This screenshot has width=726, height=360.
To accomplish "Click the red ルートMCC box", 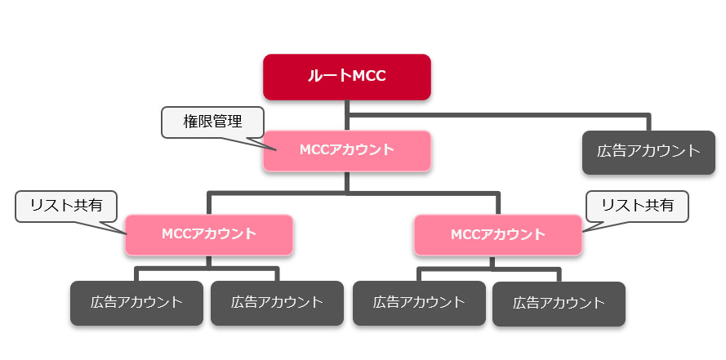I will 346,77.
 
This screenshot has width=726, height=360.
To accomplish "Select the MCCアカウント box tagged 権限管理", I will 346,150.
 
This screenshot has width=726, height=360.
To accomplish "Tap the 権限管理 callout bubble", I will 213,122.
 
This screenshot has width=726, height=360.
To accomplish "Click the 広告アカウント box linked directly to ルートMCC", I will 648,151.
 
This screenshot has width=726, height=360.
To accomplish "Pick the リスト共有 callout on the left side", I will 66,206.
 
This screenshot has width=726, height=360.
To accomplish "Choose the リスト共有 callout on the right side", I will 637,206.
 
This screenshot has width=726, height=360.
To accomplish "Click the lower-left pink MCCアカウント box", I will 208,233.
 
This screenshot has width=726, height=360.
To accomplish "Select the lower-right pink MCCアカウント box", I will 497,234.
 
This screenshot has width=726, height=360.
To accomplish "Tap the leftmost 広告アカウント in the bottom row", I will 136,303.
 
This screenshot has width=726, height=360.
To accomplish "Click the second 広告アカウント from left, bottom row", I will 277,303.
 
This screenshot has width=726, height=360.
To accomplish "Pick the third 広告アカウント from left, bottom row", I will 419,303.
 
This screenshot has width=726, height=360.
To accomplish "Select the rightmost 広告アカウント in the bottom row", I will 559,303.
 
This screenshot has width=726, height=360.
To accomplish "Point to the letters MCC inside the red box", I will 368,77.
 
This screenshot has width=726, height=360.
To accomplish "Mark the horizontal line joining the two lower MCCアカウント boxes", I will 351,194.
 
